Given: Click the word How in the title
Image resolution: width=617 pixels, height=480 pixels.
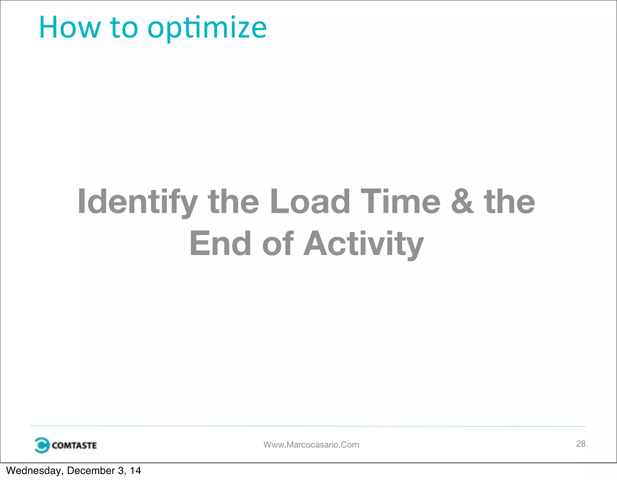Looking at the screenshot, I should pyautogui.click(x=70, y=28).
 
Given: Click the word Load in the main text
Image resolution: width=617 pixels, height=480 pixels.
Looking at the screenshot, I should pyautogui.click(x=310, y=202).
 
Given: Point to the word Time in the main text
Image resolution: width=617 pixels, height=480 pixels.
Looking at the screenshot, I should pyautogui.click(x=400, y=201).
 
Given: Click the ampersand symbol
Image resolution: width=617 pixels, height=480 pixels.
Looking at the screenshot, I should pyautogui.click(x=462, y=202).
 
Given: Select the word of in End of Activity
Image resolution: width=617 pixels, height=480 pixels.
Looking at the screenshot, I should pyautogui.click(x=278, y=243).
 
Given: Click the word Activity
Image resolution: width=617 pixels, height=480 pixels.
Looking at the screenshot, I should pyautogui.click(x=364, y=244).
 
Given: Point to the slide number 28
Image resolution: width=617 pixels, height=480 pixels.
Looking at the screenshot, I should pyautogui.click(x=581, y=444).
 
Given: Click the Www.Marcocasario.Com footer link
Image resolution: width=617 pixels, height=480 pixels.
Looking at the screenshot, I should pyautogui.click(x=311, y=445).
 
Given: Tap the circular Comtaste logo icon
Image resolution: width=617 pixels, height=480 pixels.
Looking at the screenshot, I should pyautogui.click(x=42, y=445).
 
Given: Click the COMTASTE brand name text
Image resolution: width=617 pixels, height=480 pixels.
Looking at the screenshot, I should pyautogui.click(x=74, y=445).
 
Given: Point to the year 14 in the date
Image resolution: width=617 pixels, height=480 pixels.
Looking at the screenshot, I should pyautogui.click(x=135, y=471).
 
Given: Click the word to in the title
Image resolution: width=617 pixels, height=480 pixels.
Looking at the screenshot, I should pyautogui.click(x=124, y=28).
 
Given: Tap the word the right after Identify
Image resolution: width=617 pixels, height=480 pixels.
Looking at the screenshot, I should pyautogui.click(x=233, y=202).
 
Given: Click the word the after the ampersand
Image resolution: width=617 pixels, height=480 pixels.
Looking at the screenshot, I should pyautogui.click(x=509, y=202).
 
